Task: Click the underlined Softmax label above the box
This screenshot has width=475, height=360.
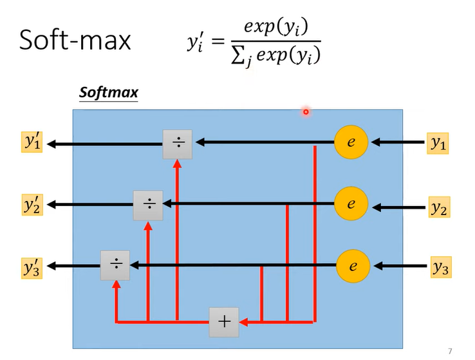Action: coord(108,93)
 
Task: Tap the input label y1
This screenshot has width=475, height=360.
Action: coord(439,144)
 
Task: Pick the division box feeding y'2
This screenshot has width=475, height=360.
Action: coord(149,205)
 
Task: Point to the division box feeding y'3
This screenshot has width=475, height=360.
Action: coord(115,265)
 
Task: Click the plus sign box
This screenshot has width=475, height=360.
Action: coord(223,322)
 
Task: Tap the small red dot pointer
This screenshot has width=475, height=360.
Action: coord(306,112)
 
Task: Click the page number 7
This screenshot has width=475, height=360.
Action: coord(449,351)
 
